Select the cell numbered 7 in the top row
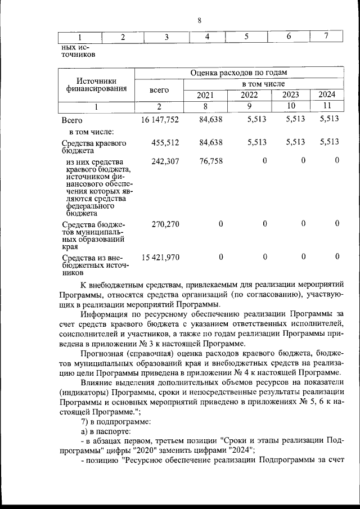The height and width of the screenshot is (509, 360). (326, 37)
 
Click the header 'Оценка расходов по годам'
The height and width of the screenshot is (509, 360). (238, 73)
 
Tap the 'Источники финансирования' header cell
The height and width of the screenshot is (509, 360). (96, 84)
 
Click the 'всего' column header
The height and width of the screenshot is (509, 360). (159, 89)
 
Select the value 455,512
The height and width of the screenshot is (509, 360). (165, 142)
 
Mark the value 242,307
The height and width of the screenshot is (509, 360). (165, 161)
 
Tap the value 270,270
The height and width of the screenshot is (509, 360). (165, 224)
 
